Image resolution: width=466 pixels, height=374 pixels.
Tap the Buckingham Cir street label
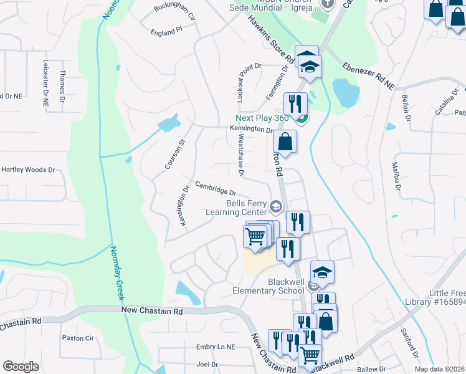coord(175,12)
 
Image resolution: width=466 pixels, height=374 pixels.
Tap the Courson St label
coord(175,154)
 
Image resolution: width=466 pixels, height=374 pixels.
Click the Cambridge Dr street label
coord(216,188)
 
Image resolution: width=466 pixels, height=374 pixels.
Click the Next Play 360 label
coord(262,118)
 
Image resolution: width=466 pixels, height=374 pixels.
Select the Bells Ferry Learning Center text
coord(237,208)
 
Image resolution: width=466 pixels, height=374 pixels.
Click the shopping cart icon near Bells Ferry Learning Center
coord(255,237)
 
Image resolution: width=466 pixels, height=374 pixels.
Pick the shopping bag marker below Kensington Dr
coord(285,141)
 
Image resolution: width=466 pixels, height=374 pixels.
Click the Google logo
coord(21,366)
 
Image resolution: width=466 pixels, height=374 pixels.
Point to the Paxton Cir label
coord(77,338)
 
